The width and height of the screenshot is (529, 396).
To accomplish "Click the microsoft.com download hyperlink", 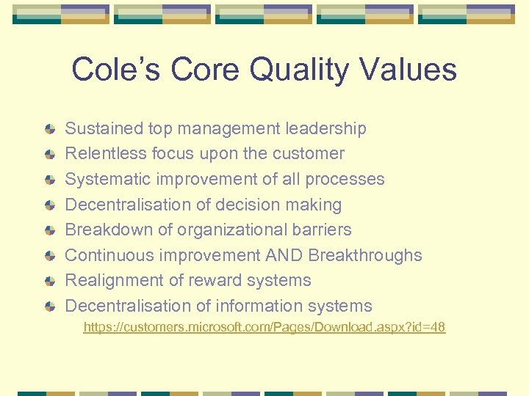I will click(264, 327).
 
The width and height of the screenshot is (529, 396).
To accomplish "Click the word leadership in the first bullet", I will click(325, 128).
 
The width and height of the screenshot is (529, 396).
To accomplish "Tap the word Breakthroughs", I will click(365, 255).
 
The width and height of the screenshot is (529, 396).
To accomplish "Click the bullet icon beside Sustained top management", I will click(49, 129).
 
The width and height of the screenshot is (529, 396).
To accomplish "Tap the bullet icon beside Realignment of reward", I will click(49, 281).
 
